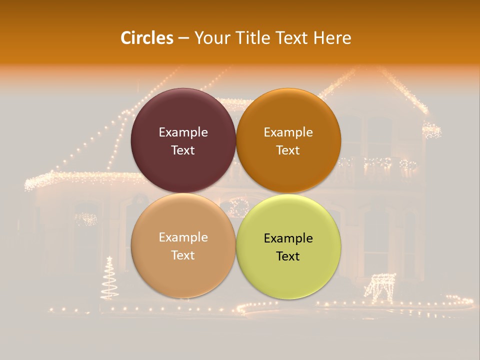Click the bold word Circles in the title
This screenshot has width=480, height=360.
147,38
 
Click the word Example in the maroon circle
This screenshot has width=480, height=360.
183,132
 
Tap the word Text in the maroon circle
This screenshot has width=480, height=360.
183,150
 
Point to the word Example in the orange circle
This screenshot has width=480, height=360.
288,132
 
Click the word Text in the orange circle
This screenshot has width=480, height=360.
288,150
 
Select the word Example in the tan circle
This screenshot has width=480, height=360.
183,237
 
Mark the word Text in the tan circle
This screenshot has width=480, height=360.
183,255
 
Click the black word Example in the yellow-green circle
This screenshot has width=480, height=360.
288,238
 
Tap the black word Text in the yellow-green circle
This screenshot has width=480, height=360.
288,256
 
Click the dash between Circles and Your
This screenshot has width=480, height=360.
183,38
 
